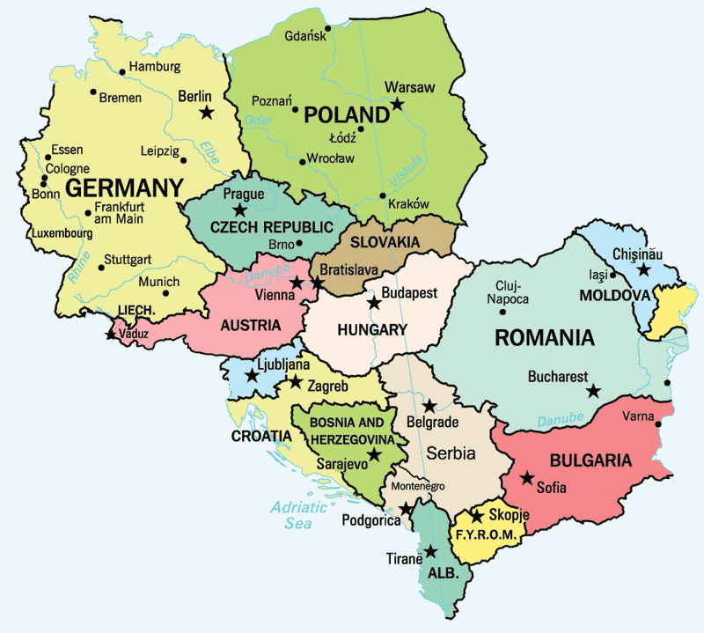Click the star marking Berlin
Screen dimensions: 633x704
tap(207, 112)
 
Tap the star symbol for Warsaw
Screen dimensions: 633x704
tap(397, 104)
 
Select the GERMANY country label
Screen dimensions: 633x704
tap(124, 188)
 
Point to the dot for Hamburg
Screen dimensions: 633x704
tap(121, 71)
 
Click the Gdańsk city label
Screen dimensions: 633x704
tap(304, 36)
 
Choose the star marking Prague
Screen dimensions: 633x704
tap(238, 210)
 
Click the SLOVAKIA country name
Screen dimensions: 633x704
tap(384, 241)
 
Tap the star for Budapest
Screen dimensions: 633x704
tap(374, 303)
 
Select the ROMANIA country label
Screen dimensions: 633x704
tap(545, 337)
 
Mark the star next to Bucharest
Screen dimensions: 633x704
tap(594, 390)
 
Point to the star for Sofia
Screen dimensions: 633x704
tap(526, 478)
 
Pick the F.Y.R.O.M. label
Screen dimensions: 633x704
tap(482, 534)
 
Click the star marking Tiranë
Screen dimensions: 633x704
tap(430, 552)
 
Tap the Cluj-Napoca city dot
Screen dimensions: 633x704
tap(491, 298)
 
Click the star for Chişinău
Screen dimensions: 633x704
tap(644, 270)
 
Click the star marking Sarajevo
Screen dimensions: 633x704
tap(374, 454)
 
